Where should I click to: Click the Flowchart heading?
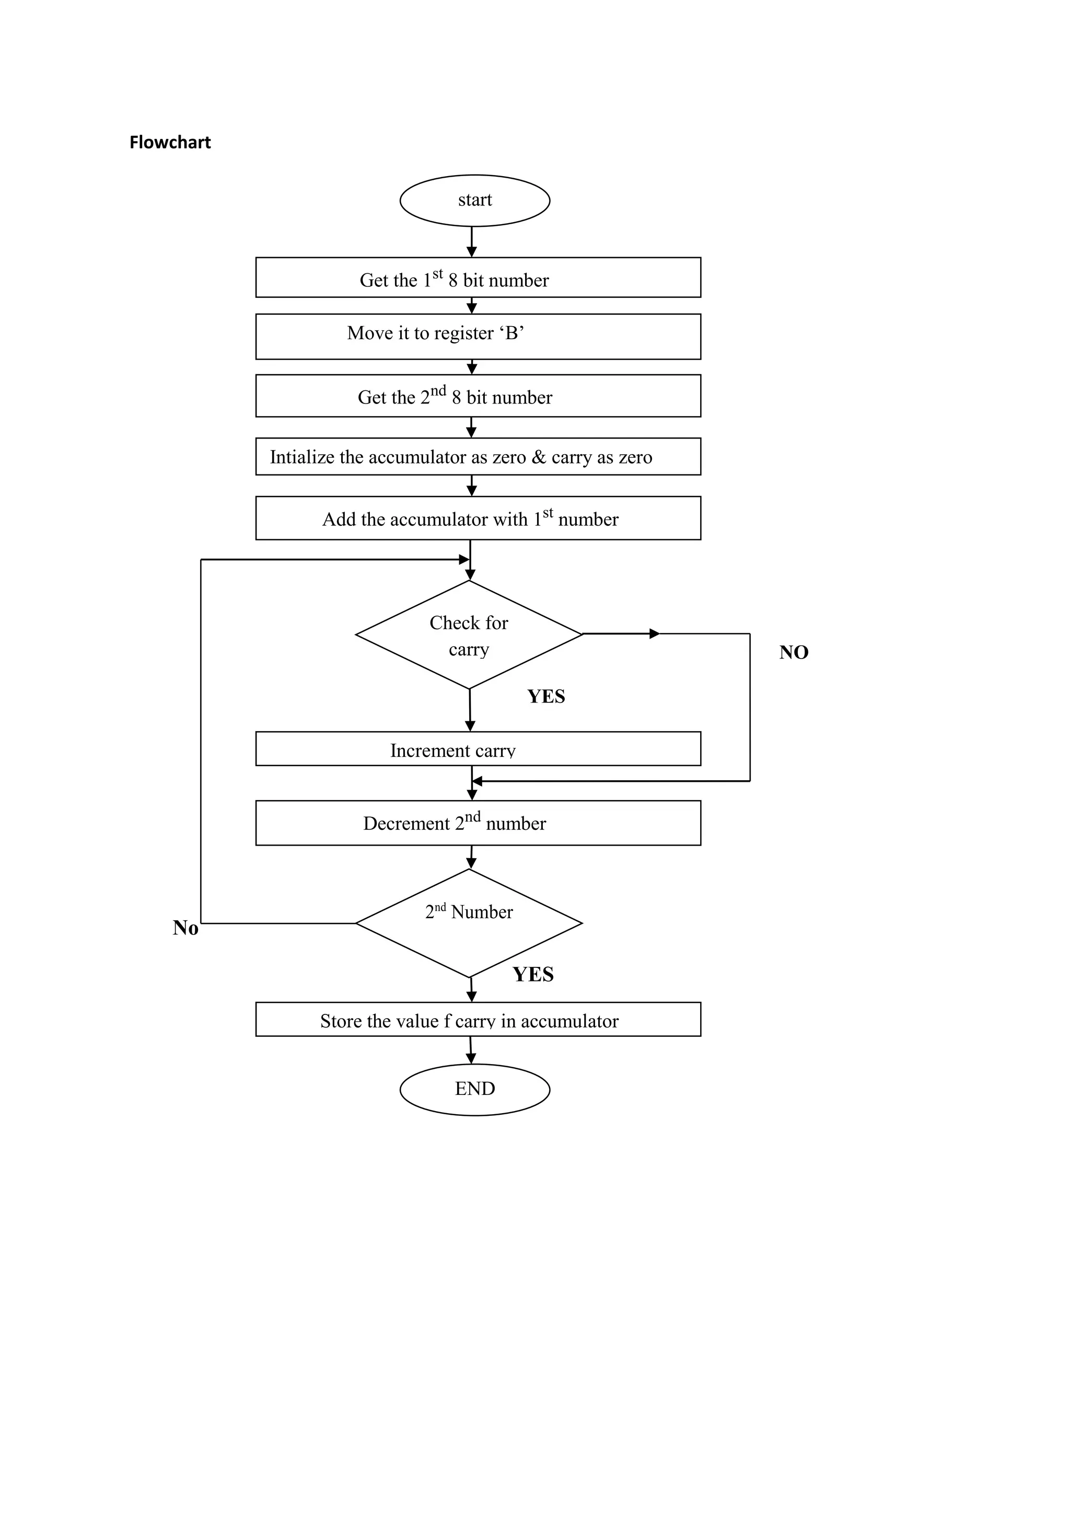coord(170,142)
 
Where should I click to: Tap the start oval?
coord(474,200)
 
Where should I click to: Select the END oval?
coord(474,1089)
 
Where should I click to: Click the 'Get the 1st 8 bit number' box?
coord(478,278)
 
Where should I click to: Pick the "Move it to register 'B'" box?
coord(478,336)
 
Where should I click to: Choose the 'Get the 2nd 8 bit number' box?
coord(478,396)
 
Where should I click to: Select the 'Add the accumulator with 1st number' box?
coord(478,518)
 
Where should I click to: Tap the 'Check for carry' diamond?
coord(469,635)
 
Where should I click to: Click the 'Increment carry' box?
coord(478,749)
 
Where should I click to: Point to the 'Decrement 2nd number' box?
coord(478,823)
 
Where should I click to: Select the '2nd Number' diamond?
coord(469,922)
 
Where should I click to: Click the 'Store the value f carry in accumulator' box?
coord(478,1020)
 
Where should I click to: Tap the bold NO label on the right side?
coord(793,652)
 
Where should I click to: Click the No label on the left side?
coord(185,928)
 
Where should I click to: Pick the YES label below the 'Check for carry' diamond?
coord(545,697)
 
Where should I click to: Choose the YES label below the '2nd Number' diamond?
coord(533,975)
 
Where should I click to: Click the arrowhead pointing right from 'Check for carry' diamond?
coord(654,634)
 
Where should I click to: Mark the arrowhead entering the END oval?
coord(471,1059)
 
